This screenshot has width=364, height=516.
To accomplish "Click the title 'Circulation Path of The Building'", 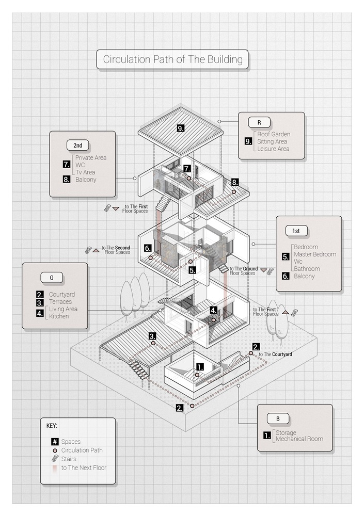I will [x=172, y=59].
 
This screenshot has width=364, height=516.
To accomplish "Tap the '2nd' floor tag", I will [x=77, y=145].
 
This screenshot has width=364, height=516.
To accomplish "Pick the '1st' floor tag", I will [x=296, y=230].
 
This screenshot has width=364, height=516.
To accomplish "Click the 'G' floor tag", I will [x=52, y=278].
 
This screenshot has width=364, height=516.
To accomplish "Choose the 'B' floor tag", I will [x=278, y=418].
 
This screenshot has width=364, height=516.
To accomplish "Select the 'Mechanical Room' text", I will [x=299, y=439].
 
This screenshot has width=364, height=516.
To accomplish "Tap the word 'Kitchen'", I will [x=59, y=316].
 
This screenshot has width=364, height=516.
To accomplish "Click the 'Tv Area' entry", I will [x=85, y=172].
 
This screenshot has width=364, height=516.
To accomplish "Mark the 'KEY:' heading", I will [x=52, y=426].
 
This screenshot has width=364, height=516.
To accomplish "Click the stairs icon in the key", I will [x=54, y=459].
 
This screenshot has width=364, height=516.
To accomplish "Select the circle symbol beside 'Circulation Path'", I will [x=54, y=450].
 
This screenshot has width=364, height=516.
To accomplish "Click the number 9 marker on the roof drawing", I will [x=181, y=128].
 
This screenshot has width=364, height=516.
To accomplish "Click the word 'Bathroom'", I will [x=307, y=269].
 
